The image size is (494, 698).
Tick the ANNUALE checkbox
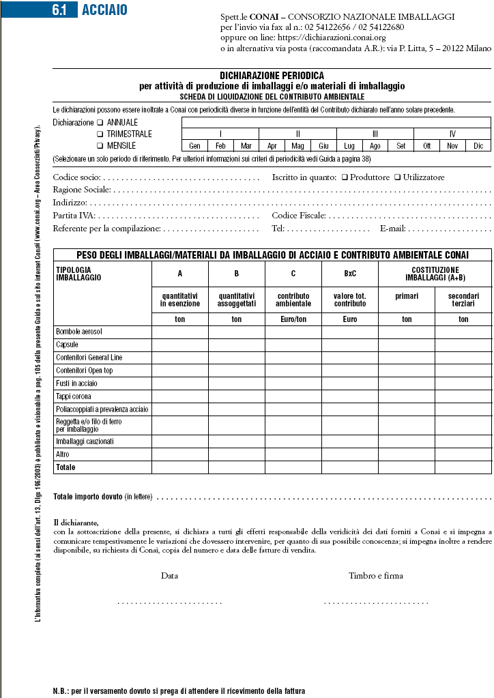pyautogui.click(x=100, y=123)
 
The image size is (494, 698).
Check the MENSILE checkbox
pyautogui.click(x=100, y=146)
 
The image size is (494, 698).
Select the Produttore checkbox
pyautogui.click(x=345, y=177)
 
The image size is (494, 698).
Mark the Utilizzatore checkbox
pyautogui.click(x=398, y=177)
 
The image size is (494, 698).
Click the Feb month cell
pyautogui.click(x=220, y=146)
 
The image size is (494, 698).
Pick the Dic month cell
pyautogui.click(x=478, y=146)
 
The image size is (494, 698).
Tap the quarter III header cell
pyautogui.click(x=375, y=134)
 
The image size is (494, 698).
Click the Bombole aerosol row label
pyautogui.click(x=79, y=332)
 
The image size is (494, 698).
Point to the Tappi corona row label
pyautogui.click(x=73, y=396)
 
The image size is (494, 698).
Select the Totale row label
pyautogui.click(x=66, y=467)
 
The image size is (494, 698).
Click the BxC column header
pyautogui.click(x=350, y=274)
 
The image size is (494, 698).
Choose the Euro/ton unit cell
pyautogui.click(x=293, y=319)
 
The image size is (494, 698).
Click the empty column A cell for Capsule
pyautogui.click(x=180, y=345)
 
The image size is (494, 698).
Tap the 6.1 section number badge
pyautogui.click(x=63, y=10)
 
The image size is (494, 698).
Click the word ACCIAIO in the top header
pyautogui.click(x=104, y=10)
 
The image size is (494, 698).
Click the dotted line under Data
pyautogui.click(x=170, y=602)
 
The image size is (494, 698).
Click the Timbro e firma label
pyautogui.click(x=375, y=576)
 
